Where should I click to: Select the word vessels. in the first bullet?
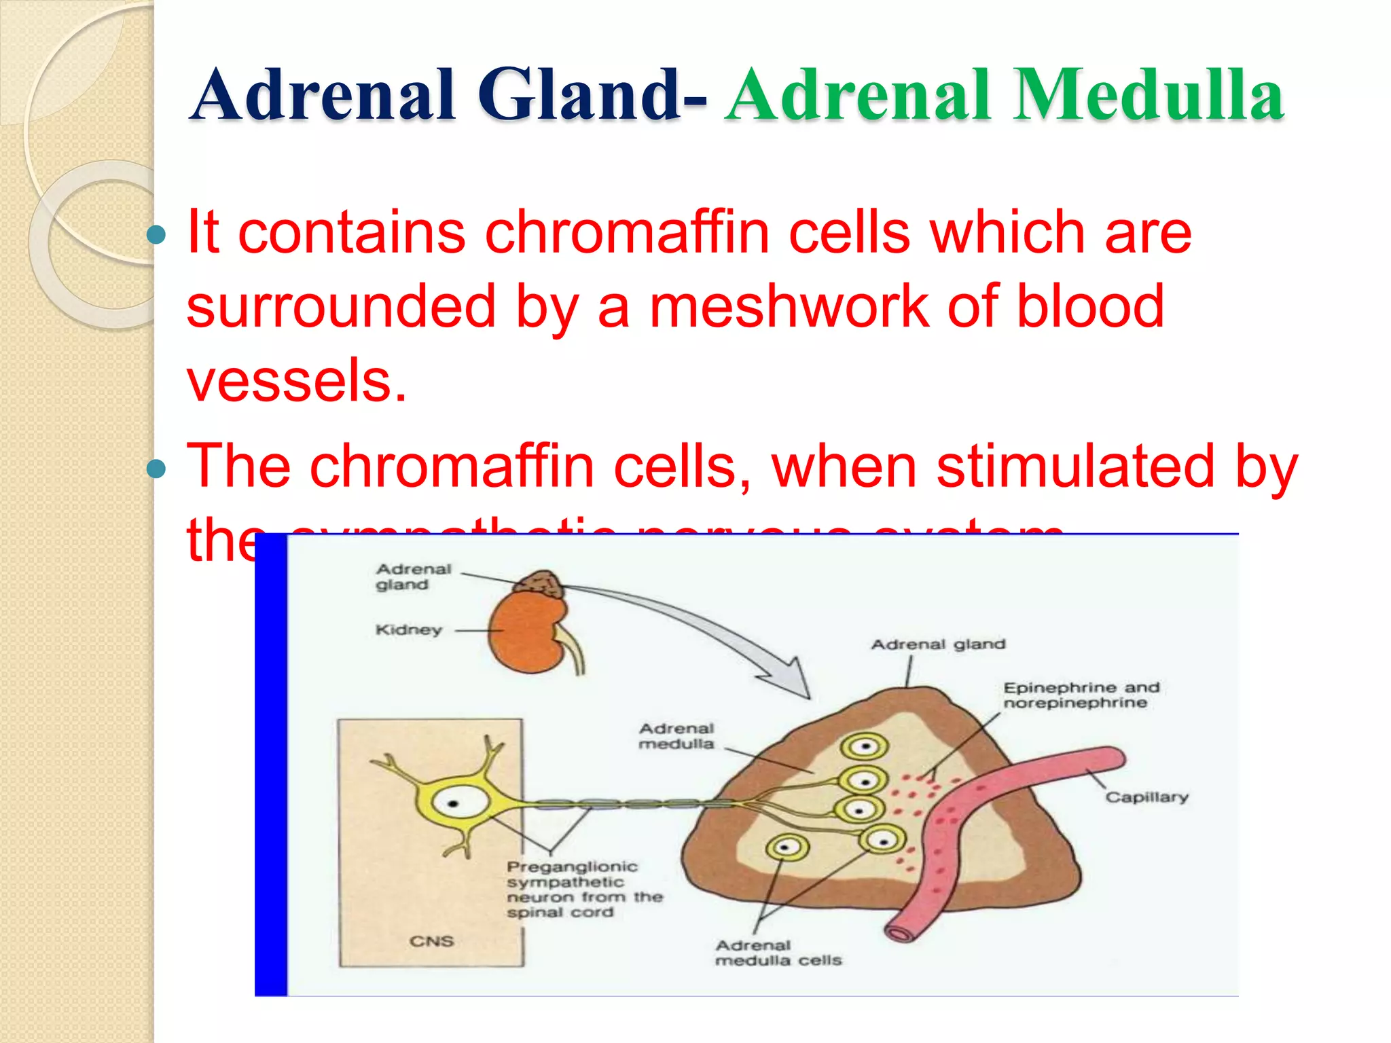[x=297, y=380]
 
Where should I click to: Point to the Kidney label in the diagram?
[x=409, y=630]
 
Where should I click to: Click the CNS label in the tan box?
[x=431, y=941]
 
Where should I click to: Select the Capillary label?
[x=1146, y=797]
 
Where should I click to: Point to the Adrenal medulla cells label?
[x=778, y=953]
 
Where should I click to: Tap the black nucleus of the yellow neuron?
[x=453, y=804]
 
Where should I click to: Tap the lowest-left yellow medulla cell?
[x=787, y=847]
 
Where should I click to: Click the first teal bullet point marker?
[x=156, y=235]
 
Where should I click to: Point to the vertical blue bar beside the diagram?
[x=271, y=764]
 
